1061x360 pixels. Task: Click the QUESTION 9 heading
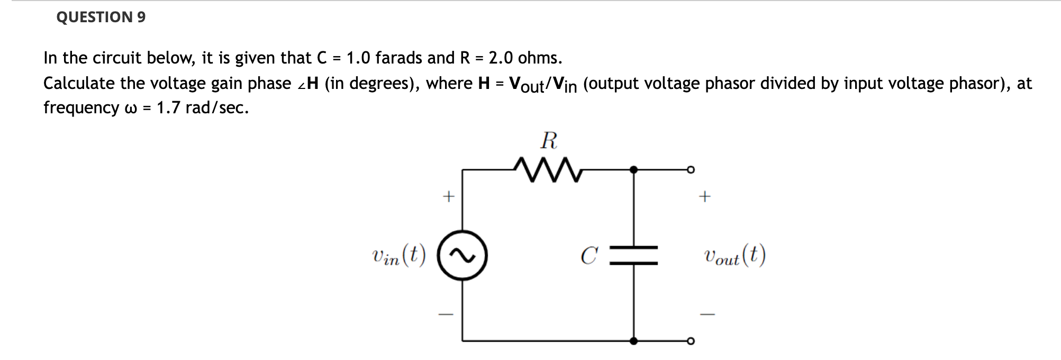click(101, 17)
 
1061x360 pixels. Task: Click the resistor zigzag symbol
click(548, 170)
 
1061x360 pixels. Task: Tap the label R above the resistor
click(549, 141)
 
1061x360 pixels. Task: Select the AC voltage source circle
click(462, 256)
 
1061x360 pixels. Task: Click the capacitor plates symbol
click(634, 255)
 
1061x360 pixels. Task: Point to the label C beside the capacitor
click(589, 256)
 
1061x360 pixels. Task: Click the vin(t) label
click(398, 256)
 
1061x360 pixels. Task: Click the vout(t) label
click(734, 256)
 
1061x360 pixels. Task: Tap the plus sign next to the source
click(448, 197)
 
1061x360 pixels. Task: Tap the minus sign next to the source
click(446, 314)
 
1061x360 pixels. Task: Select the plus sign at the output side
click(704, 197)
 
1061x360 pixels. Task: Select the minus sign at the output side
click(707, 314)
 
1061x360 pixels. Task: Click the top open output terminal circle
click(690, 170)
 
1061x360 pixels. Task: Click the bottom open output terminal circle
click(690, 341)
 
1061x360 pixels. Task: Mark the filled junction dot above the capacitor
click(634, 170)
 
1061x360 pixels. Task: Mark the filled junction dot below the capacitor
click(634, 341)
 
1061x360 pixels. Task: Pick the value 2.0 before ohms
click(500, 58)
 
